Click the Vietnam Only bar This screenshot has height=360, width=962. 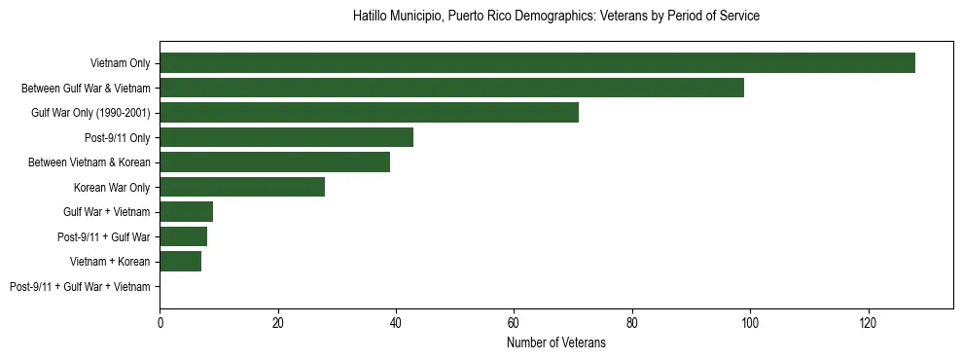pos(537,63)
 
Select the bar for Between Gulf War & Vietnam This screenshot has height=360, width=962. pos(451,88)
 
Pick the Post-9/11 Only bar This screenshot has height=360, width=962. pos(286,137)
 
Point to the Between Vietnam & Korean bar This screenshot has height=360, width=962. pos(274,162)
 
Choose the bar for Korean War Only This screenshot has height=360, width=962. pos(242,187)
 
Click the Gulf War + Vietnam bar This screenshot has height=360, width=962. pos(186,212)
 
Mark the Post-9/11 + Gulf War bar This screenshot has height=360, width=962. pos(183,236)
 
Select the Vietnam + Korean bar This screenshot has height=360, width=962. pos(180,262)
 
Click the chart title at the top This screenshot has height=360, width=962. pos(555,17)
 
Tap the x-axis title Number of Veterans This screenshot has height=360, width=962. pos(555,342)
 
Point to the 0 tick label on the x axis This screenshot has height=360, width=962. pos(160,322)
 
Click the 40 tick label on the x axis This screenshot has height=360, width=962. pos(396,322)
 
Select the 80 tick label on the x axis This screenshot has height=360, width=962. pos(632,322)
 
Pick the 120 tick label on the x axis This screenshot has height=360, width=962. pos(869,322)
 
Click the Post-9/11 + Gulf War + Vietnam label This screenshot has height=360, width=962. pos(80,287)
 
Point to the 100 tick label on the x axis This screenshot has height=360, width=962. pos(750,322)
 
